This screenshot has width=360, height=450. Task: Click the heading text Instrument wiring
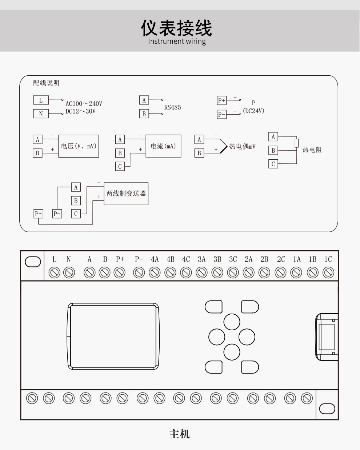point(177,41)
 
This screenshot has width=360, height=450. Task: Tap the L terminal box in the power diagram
point(41,100)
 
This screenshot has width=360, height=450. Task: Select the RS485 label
point(172,107)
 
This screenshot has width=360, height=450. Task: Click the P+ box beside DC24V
point(221,100)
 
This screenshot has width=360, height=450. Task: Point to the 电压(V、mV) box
point(79,146)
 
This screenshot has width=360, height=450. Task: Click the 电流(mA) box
point(163,146)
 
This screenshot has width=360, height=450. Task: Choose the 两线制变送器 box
point(126,194)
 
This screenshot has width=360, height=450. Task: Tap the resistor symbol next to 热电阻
point(297,143)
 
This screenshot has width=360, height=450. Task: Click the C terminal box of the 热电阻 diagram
point(273,164)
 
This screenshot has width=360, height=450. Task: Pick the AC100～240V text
point(84,104)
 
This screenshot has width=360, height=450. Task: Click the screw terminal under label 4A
point(155,272)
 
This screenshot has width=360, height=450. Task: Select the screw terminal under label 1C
point(328,272)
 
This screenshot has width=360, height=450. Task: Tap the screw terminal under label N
point(69,272)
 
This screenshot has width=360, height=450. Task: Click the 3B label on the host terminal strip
point(217,259)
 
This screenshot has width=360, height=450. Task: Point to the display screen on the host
point(113,336)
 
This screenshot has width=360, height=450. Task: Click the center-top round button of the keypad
point(232,322)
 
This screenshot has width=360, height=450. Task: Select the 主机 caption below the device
point(179,434)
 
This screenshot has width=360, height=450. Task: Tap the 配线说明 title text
point(46,83)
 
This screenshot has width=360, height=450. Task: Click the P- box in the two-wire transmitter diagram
point(57,214)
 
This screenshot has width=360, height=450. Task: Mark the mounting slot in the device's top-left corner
point(33,262)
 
